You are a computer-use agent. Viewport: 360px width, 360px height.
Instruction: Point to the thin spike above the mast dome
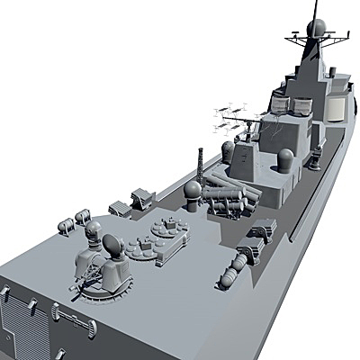click(x=316, y=8)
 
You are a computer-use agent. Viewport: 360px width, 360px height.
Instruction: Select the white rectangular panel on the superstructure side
click(x=335, y=107)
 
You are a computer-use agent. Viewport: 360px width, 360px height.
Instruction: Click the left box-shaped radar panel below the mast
click(x=282, y=103)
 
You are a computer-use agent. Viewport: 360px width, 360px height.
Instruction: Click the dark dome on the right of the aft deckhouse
click(x=285, y=160)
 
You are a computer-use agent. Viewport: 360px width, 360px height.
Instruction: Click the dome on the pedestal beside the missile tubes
click(x=193, y=190)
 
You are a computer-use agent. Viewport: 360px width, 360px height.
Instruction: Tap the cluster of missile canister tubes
click(x=228, y=197)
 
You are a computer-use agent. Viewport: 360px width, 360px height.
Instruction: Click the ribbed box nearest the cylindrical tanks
click(x=117, y=209)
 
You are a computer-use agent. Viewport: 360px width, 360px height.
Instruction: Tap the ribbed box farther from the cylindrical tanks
click(x=142, y=195)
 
